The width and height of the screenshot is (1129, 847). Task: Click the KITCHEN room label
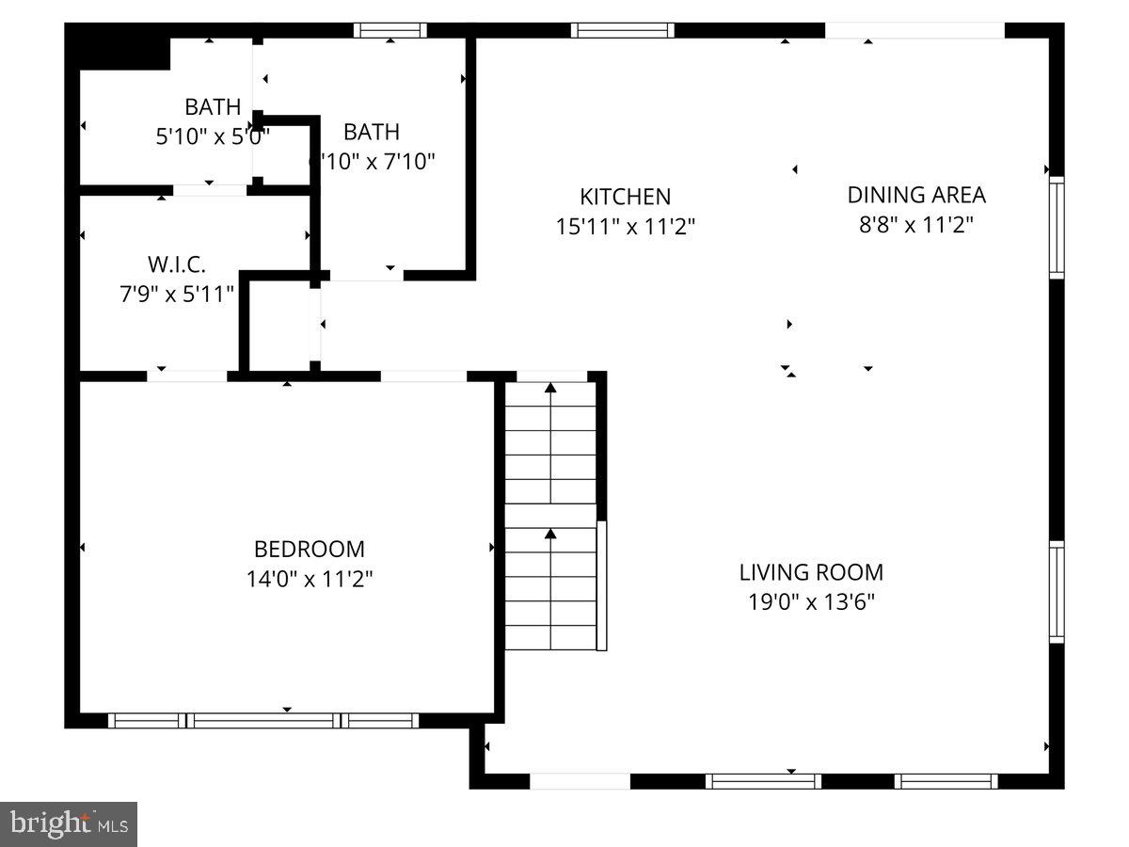(625, 197)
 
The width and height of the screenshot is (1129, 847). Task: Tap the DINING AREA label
(916, 195)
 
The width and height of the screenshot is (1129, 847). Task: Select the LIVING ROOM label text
(810, 571)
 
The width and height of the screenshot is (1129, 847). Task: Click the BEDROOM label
(310, 549)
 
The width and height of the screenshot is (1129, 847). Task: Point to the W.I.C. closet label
(177, 264)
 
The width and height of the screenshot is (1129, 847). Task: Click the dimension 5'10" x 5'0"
(213, 136)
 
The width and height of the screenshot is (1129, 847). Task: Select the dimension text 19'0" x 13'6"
(810, 601)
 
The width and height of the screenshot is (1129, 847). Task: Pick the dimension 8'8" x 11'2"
(916, 225)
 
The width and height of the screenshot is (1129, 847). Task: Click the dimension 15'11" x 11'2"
(625, 227)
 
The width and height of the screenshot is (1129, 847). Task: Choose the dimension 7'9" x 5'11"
(177, 295)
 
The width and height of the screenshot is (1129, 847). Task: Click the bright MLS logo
(69, 824)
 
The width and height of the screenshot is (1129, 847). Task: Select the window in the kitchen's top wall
(623, 30)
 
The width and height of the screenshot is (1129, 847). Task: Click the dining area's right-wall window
(1057, 227)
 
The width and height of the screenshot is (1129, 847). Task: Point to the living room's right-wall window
(1057, 591)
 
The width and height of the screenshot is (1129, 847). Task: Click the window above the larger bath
(390, 30)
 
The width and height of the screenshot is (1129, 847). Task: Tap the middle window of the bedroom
(263, 721)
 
